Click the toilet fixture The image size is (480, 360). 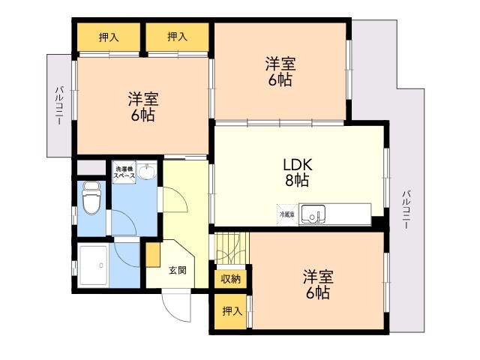pos(91,198)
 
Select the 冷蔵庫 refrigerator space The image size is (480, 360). pos(287,215)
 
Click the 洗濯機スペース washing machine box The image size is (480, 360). pos(124,172)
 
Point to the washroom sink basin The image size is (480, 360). pos(147,171)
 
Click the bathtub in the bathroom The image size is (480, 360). pos(94,265)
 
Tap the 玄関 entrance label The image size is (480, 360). pos(178,270)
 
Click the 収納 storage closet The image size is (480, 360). pos(230,279)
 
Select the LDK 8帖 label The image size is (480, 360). pos(297,172)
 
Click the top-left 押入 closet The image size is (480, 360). pos(109,37)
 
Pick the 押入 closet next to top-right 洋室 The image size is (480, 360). pos(177,37)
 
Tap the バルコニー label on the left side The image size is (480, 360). pos(60,106)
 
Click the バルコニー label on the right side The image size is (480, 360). pos(406,209)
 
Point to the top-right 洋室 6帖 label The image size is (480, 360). pos(280,72)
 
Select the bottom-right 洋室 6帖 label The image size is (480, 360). pos(318,285)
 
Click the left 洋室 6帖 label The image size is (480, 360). pos(143,106)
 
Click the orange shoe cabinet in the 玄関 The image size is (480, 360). pos(153,255)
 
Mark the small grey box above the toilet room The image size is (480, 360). pos(91,168)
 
